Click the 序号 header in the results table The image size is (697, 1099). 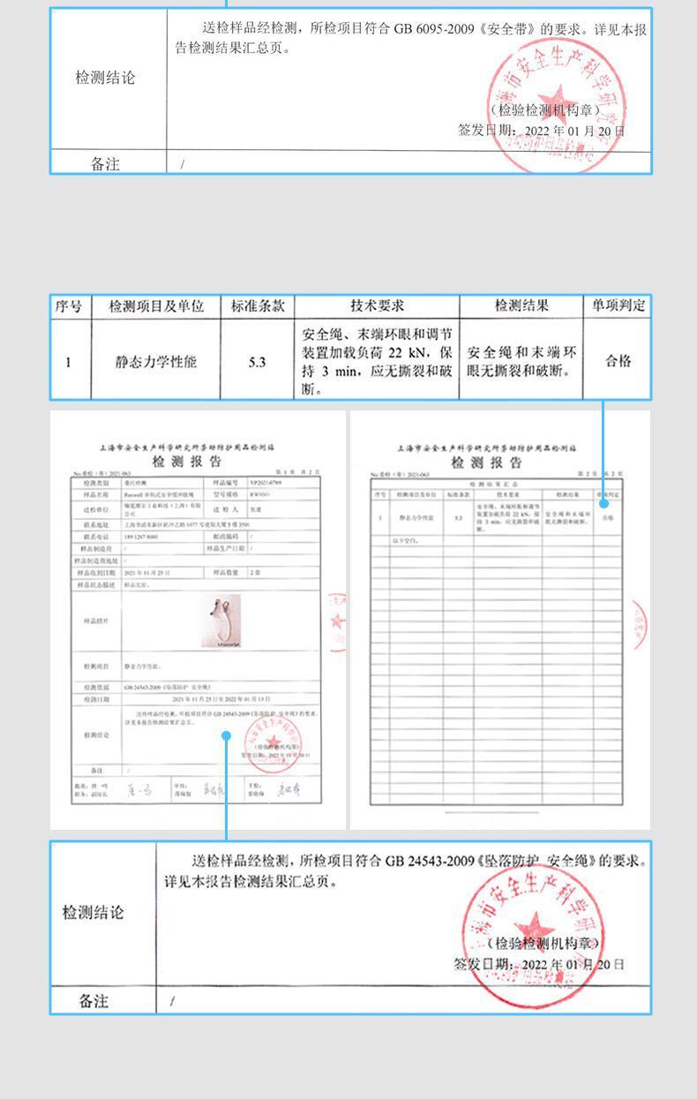click(69, 306)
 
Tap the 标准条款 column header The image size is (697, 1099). click(258, 306)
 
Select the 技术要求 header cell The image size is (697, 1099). click(377, 306)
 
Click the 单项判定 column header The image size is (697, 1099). click(618, 306)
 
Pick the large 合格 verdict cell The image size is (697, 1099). click(618, 361)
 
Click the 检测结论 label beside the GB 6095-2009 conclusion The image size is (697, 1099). click(105, 78)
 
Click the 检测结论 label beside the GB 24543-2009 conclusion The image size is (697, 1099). click(94, 913)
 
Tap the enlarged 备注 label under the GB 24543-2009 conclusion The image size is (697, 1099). click(94, 1001)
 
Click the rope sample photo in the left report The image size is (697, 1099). click(216, 622)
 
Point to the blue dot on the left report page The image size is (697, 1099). click(227, 734)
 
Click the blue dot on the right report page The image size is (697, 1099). click(604, 504)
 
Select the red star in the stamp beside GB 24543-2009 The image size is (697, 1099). click(530, 928)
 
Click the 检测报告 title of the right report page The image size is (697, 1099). click(486, 463)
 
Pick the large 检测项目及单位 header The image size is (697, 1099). click(156, 306)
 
